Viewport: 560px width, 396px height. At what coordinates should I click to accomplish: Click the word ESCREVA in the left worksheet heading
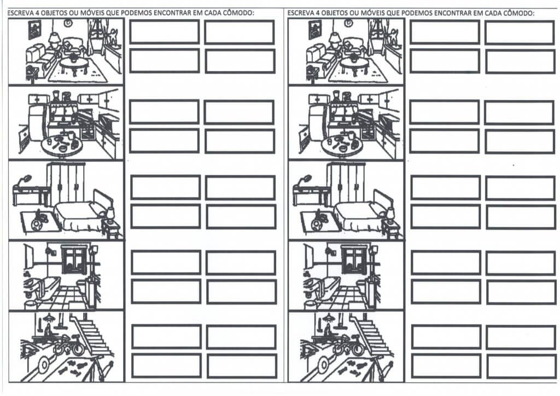pyautogui.click(x=19, y=13)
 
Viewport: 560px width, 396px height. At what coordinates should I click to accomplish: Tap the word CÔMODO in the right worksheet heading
pyautogui.click(x=518, y=13)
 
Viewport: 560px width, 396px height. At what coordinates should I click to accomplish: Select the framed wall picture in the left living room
pyautogui.click(x=35, y=30)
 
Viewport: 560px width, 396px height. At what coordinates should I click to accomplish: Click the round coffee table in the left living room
pyautogui.click(x=74, y=65)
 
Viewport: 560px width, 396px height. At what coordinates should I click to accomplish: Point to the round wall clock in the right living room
pyautogui.click(x=348, y=23)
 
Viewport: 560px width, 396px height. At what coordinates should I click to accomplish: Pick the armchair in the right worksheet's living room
pyautogui.click(x=354, y=47)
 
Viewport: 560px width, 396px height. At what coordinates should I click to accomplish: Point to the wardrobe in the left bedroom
pyautogui.click(x=66, y=183)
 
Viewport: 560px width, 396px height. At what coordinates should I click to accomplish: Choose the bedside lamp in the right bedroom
pyautogui.click(x=390, y=214)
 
